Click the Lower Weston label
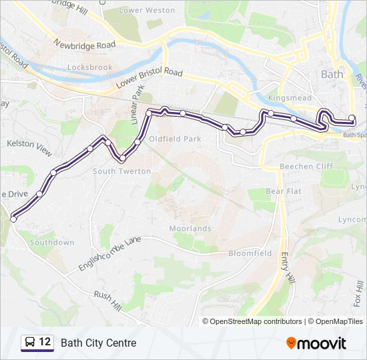tap(147, 11)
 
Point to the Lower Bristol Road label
tap(149, 80)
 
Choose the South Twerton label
tap(121, 171)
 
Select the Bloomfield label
tap(250, 253)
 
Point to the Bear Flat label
tap(284, 191)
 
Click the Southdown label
tap(52, 243)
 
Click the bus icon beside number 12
tap(29, 343)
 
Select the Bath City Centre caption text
tap(98, 343)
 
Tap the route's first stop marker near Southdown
tap(13, 219)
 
